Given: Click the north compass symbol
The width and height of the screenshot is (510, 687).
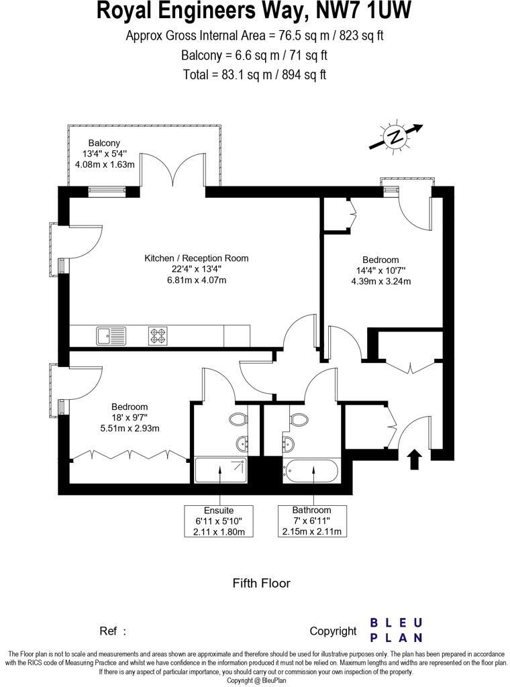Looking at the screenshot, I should pos(395,137).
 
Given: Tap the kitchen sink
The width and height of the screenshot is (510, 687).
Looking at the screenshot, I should pos(111,335).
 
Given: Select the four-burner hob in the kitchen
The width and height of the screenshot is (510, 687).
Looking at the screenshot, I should pos(158,335).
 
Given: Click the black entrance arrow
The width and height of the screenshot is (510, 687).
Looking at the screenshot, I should pos(414,459).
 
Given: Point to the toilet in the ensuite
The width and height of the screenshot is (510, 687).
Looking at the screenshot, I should pos(238,420).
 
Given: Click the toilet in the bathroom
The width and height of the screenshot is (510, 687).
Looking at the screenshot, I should pos(298,420).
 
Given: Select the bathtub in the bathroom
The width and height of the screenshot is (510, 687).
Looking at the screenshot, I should pos(313,472).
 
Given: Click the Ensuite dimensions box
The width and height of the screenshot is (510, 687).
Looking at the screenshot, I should pos(219,521).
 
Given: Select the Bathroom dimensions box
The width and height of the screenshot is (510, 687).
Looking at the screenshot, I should pos(312,521).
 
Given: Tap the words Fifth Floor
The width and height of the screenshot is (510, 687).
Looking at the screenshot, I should pos(261,583).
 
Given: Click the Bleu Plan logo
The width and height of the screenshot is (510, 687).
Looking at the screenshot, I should pos(396,630).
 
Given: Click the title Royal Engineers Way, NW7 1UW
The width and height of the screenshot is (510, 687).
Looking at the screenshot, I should pos(254,11).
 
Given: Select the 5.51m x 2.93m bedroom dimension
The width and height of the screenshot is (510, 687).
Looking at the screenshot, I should pos(130,428).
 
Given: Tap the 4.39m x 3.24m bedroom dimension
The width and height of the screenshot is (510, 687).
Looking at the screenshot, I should pos(380,281).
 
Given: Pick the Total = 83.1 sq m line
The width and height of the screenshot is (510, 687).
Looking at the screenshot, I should pos(254,74).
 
